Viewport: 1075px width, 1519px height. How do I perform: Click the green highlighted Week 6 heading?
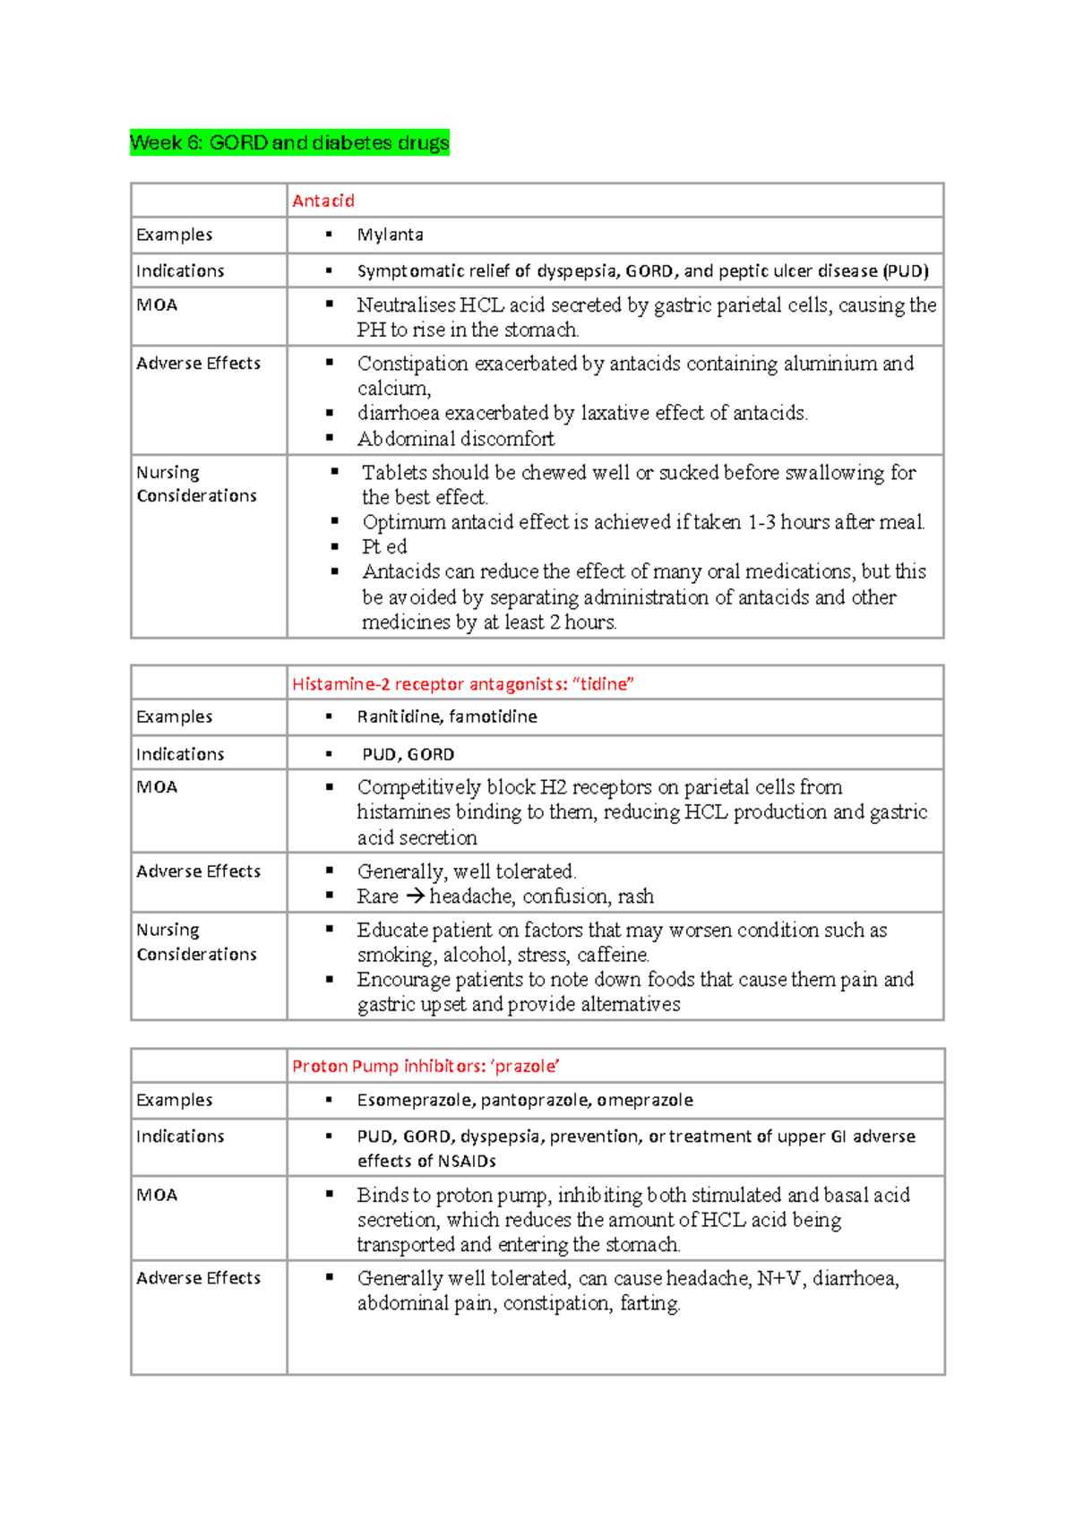point(289,142)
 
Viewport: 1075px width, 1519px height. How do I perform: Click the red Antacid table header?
point(323,201)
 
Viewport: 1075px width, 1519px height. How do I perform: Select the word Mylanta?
point(390,235)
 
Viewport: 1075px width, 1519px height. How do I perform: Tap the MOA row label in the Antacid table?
point(157,305)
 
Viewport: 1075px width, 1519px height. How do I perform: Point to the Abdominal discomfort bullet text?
point(455,439)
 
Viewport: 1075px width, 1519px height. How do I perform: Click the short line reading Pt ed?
point(384,546)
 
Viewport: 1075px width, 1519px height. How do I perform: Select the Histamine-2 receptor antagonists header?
point(462,684)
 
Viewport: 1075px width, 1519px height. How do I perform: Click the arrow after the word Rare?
point(414,896)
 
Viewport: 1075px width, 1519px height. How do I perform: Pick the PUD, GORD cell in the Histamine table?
point(408,754)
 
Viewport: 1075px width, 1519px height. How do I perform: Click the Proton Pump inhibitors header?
point(426,1066)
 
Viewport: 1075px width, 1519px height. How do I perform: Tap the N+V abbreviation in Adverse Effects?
point(778,1278)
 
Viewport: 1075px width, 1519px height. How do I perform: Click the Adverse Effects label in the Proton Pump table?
point(198,1278)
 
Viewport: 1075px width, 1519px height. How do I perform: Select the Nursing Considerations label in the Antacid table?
point(196,484)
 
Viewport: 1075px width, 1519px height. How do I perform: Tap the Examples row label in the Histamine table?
point(174,717)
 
